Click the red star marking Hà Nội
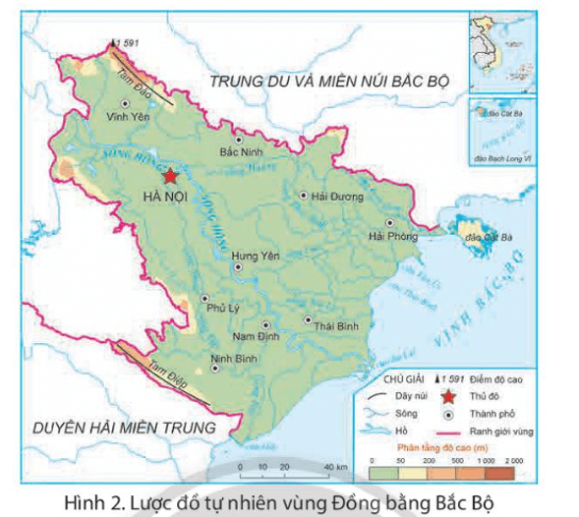tap(170, 177)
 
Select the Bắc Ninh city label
tap(242, 153)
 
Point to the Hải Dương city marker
tap(303, 196)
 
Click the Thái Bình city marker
tap(309, 320)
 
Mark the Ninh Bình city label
tap(233, 359)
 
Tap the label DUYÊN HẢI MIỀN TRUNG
tap(123, 428)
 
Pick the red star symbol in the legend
tap(448, 396)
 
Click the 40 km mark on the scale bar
tap(334, 467)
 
